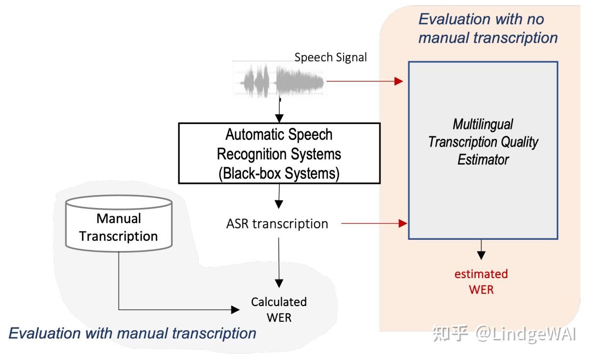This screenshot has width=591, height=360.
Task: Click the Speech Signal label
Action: pos(330,57)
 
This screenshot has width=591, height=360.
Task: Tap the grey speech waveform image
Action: pos(279,80)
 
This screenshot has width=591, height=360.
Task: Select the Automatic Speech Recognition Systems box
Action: pos(279,153)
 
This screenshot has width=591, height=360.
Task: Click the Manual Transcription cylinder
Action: pos(119,224)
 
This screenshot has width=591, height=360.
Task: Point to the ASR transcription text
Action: pos(277,224)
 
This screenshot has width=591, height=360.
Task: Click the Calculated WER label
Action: pos(279,309)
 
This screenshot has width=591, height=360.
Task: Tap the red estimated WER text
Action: pos(481,282)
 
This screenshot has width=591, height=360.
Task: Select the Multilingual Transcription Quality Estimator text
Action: pos(483,142)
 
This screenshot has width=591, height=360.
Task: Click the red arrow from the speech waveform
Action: pos(365,81)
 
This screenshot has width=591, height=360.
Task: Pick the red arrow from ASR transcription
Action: pos(374,224)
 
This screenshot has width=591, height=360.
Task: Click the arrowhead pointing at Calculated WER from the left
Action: pos(235,309)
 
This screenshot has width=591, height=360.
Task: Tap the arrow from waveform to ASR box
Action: pos(279,110)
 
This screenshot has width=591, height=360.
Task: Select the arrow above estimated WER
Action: pos(481,250)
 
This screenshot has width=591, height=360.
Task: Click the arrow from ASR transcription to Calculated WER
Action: pos(279,263)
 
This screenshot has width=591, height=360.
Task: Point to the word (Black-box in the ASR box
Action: pos(250,173)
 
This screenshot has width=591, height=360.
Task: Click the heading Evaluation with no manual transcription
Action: pos(488,28)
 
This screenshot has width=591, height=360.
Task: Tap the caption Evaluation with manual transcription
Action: pos(132,333)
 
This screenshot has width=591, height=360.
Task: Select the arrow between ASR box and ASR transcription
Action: pos(279,197)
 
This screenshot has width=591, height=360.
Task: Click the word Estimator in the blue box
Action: pos(483,159)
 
